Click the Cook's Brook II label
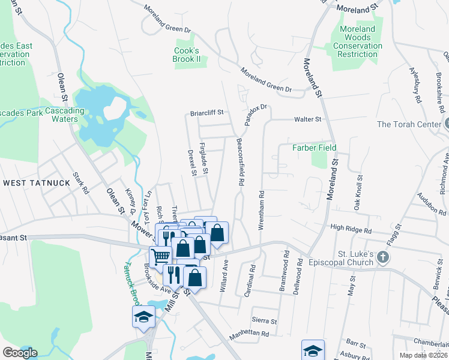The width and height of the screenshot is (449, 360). click(187, 55)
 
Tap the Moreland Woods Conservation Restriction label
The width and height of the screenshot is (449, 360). click(357, 41)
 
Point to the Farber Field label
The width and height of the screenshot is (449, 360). click(314, 148)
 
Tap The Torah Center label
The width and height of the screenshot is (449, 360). click(409, 124)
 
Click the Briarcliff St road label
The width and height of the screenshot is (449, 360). click(206, 112)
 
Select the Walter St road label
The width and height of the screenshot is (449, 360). click(308, 119)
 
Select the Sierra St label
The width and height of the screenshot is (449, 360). click(265, 321)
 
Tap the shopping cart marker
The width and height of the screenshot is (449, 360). click(160, 257)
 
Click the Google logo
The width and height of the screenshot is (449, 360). click(20, 353)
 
